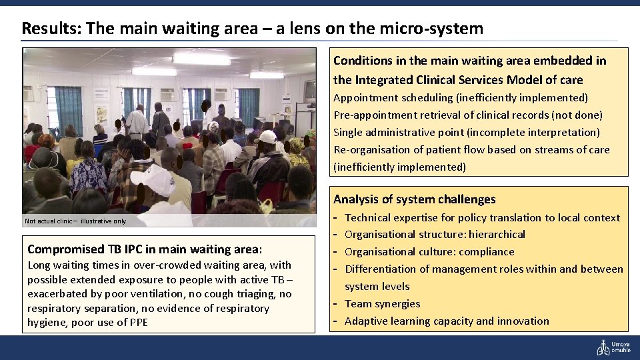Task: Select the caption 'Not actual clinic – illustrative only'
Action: point(75,221)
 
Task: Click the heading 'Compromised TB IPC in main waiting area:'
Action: point(145,249)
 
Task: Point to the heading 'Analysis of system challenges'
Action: point(414,199)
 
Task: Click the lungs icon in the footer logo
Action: point(602,347)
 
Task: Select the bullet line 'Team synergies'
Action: point(382,303)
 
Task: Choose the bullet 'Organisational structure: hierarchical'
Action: point(435,234)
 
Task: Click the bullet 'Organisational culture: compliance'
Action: point(429,251)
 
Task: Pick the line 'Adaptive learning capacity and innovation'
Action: point(447,321)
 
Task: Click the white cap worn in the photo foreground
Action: point(151,179)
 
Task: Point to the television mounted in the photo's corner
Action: point(309,90)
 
